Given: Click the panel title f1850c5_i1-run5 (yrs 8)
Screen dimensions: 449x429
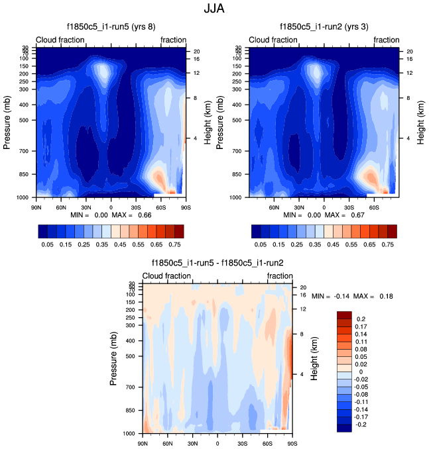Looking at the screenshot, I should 111,27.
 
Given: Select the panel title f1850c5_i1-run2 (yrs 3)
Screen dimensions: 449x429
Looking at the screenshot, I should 324,27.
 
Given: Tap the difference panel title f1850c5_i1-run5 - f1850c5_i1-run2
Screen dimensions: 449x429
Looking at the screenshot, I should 217,263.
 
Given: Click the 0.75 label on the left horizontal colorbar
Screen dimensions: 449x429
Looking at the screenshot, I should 174,244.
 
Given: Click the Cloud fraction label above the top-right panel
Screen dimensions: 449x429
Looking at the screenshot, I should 274,40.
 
